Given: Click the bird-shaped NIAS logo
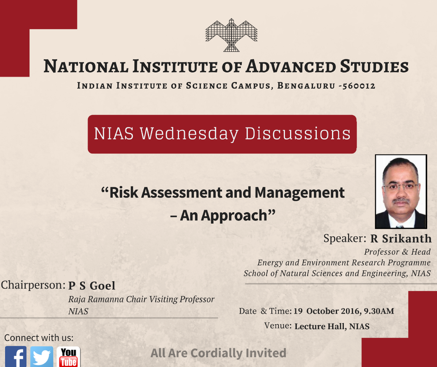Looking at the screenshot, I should (x=231, y=35).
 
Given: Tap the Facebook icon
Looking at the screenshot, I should (x=15, y=357).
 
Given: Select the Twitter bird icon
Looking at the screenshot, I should (x=42, y=357).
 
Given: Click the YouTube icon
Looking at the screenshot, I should (x=68, y=357).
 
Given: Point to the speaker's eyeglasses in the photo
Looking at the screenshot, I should (x=401, y=187).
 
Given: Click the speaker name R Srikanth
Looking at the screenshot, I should (x=401, y=239).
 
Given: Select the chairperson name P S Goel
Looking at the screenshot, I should (x=91, y=286).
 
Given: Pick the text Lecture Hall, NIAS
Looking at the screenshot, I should (x=332, y=326).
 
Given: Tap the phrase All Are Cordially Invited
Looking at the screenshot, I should (x=219, y=353).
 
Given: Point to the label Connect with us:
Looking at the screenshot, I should (x=39, y=337).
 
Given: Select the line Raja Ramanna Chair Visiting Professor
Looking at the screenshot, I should (x=141, y=300).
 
